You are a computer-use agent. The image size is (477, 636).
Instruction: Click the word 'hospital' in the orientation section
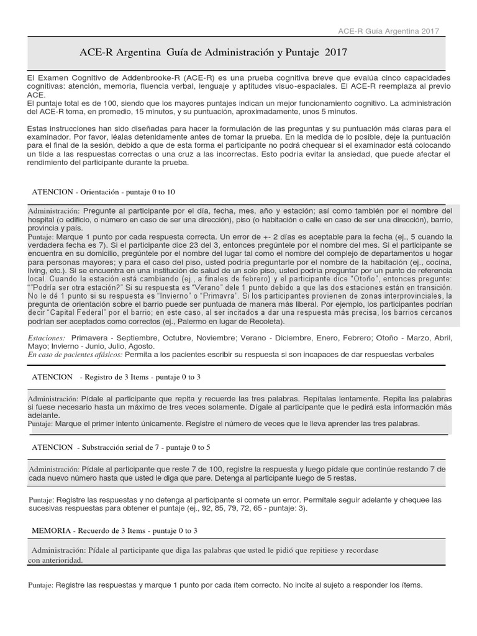[43, 219]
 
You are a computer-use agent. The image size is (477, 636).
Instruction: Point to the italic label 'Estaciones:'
[46, 337]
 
